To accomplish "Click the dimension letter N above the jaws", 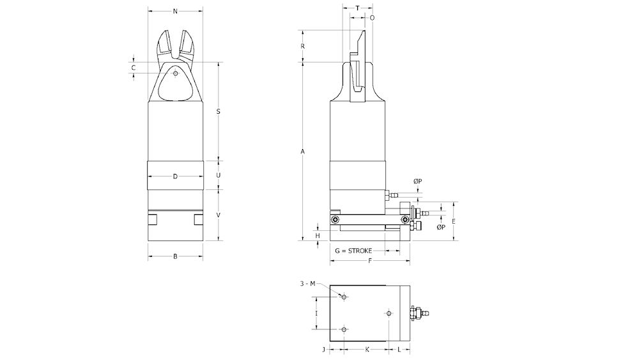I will click(x=175, y=12).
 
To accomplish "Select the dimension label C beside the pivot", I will click(x=134, y=67).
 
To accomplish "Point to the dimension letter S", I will click(x=219, y=111).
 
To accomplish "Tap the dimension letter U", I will click(x=219, y=175).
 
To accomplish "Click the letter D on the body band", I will click(x=175, y=176).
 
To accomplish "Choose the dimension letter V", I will click(x=219, y=215).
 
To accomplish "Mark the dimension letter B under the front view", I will click(x=175, y=257).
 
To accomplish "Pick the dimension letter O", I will click(x=372, y=18).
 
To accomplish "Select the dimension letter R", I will click(x=303, y=46).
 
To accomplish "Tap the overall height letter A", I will click(x=303, y=152).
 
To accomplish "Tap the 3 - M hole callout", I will click(x=308, y=283).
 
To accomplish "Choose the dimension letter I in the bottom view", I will click(x=317, y=313).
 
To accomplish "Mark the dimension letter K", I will click(x=366, y=350).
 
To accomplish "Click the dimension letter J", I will click(x=324, y=350).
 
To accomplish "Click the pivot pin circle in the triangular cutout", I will click(x=175, y=73).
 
